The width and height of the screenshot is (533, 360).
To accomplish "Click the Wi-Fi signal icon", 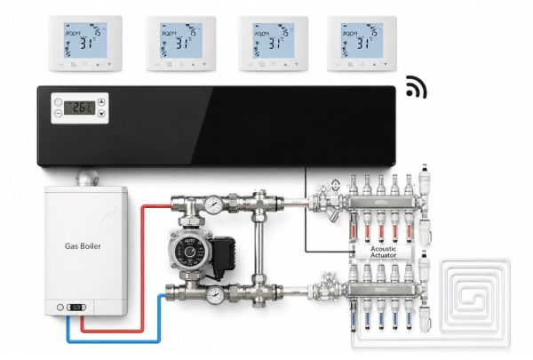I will pos(416,87).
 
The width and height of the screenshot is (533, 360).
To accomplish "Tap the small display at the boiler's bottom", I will pos(78,307).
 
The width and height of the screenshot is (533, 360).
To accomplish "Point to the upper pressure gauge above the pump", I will pos(214,204).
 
